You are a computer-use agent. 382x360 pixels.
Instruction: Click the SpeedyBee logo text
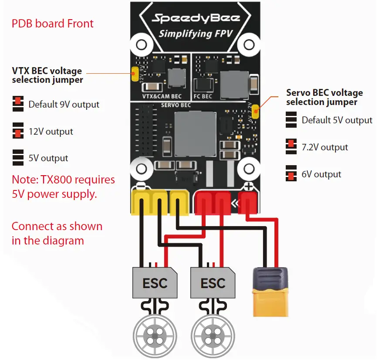(x=195, y=18)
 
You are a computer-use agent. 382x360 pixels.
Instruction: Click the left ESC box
(x=155, y=283)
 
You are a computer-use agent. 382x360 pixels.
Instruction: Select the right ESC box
(x=213, y=283)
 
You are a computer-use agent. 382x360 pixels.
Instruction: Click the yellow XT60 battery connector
(x=270, y=292)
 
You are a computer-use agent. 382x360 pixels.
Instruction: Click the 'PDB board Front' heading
(x=52, y=23)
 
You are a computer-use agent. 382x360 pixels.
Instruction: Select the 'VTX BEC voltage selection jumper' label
(x=47, y=75)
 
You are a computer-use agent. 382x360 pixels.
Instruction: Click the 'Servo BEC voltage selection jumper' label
(x=324, y=97)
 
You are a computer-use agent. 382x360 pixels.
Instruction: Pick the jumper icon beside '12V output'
(x=18, y=132)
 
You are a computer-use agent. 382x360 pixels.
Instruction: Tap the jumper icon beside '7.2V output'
(x=291, y=147)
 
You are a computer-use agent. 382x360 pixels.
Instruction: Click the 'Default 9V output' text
(x=64, y=105)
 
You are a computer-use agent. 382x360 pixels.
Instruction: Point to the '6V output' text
(x=321, y=174)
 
